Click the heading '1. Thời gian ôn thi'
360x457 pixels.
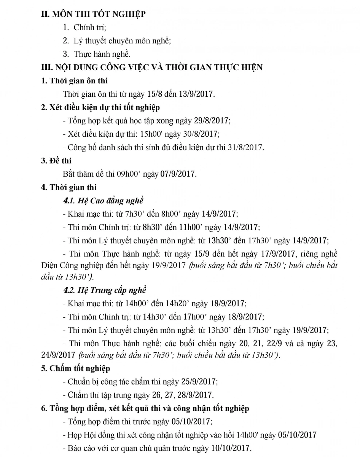point(75,80)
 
